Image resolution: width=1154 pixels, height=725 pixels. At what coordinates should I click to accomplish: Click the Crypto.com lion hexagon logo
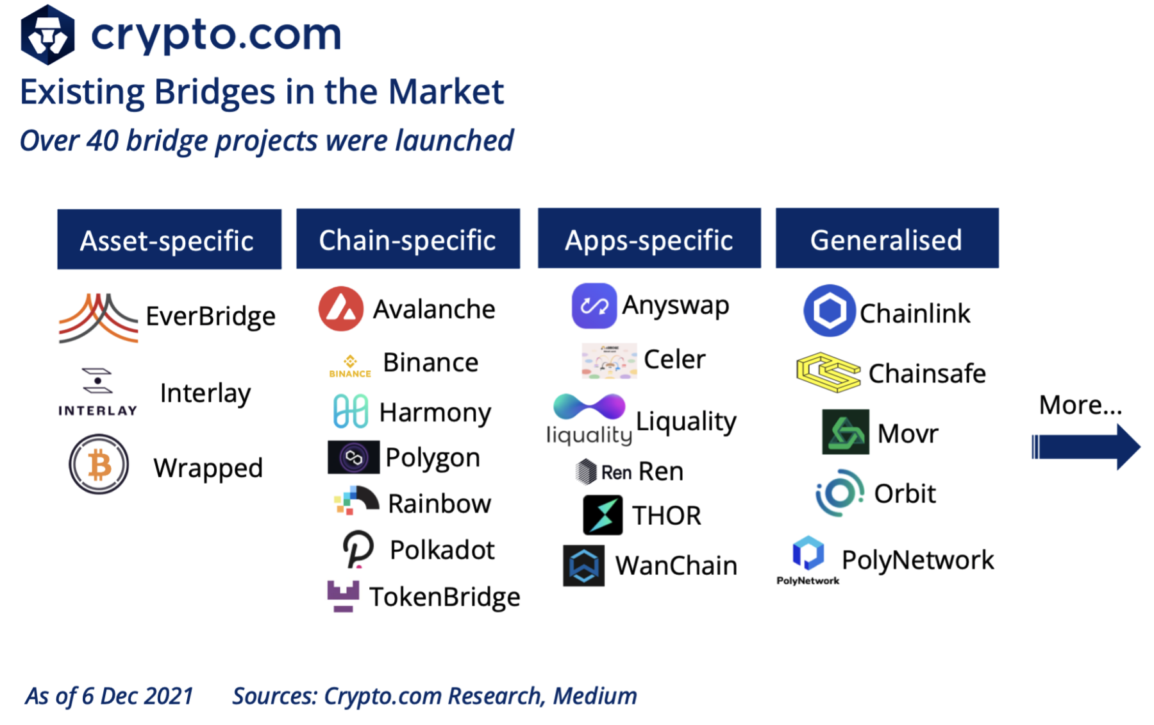47,35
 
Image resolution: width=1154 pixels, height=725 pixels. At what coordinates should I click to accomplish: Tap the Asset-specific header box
169,239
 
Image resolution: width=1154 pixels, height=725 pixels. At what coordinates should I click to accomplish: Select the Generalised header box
887,238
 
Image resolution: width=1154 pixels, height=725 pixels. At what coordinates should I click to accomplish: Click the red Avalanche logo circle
341,309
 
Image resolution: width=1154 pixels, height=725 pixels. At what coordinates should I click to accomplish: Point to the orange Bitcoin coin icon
99,465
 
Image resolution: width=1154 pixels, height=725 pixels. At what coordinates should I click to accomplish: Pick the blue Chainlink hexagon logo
830,311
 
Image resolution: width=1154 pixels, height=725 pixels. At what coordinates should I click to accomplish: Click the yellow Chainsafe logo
828,372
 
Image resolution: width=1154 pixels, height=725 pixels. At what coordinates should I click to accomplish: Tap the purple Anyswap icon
594,306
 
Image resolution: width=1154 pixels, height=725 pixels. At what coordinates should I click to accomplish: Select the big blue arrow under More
1086,447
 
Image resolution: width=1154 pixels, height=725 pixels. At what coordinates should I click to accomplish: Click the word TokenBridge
445,597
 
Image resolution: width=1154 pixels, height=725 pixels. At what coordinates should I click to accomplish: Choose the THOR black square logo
603,515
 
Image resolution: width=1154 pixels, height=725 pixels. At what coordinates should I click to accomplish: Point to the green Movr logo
846,432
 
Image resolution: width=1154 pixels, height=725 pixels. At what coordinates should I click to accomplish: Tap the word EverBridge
211,316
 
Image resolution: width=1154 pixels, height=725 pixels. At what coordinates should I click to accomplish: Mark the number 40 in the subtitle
103,141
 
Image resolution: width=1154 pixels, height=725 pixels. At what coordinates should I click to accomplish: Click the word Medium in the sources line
595,696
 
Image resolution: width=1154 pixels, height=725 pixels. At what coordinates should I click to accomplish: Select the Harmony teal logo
351,411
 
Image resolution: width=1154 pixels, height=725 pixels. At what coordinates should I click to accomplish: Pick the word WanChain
676,566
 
